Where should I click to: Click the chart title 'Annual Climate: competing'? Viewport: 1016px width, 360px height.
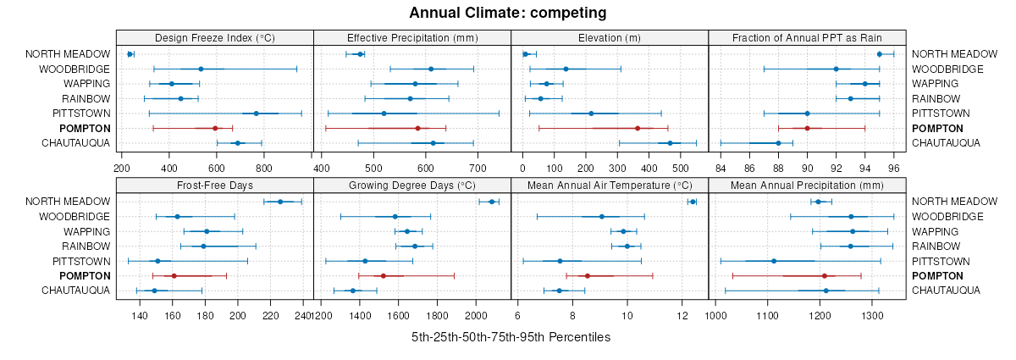coord(507,13)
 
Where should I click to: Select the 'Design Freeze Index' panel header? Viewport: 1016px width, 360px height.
coord(215,37)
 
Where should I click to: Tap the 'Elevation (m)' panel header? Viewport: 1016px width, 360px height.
coord(610,37)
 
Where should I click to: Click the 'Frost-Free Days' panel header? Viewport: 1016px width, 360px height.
coord(215,185)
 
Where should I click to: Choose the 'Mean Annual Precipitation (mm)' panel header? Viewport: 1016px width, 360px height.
coord(807,185)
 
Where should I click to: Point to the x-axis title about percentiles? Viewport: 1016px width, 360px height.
coord(511,337)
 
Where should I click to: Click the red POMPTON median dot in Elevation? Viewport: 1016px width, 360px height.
coord(638,128)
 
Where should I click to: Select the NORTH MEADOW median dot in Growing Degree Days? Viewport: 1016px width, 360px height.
coord(491,202)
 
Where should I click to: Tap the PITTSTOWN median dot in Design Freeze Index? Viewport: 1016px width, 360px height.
coord(256,114)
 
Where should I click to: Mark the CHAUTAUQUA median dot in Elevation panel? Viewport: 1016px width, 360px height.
coord(670,143)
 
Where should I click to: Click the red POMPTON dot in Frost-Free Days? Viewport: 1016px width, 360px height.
coord(174,276)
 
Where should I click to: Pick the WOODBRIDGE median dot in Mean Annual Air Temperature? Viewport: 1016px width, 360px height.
coord(602,217)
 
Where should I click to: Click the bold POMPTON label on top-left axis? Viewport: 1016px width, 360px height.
coord(85,128)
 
